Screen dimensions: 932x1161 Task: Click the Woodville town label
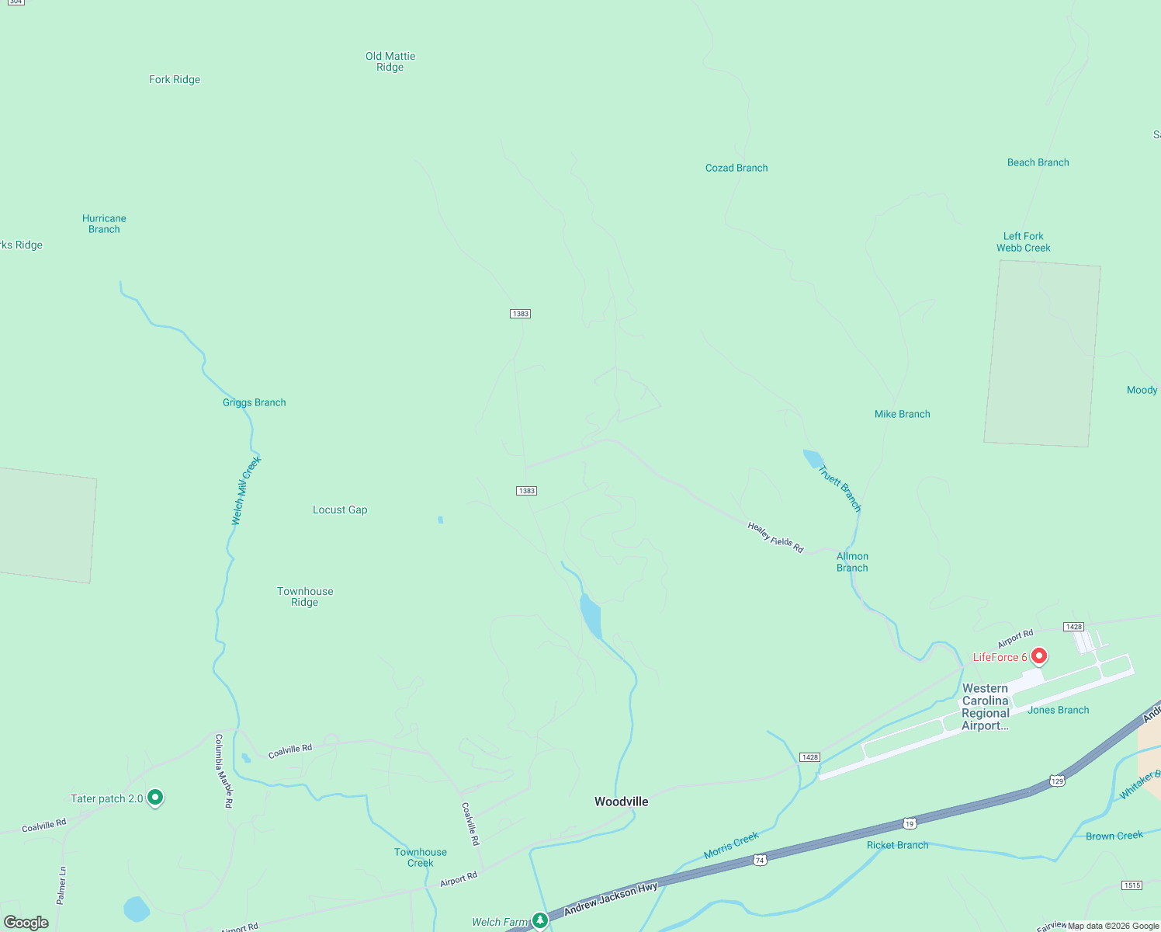pyautogui.click(x=621, y=802)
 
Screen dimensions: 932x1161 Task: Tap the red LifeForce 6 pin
pyautogui.click(x=1039, y=656)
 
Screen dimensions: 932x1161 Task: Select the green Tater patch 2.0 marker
pyautogui.click(x=155, y=797)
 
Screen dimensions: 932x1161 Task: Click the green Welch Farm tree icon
pyautogui.click(x=540, y=920)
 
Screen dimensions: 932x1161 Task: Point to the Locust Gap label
pyautogui.click(x=340, y=509)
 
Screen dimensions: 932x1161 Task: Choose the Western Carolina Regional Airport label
pyautogui.click(x=986, y=707)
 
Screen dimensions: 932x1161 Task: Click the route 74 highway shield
pyautogui.click(x=760, y=860)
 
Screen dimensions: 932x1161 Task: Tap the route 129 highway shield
pyautogui.click(x=1057, y=781)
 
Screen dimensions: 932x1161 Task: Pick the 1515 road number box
pyautogui.click(x=1132, y=885)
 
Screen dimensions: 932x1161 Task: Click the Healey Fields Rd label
pyautogui.click(x=775, y=537)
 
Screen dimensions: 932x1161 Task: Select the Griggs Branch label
pyautogui.click(x=255, y=402)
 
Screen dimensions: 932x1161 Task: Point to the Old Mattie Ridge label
pyautogui.click(x=390, y=61)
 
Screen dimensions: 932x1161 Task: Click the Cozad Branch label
pyautogui.click(x=736, y=168)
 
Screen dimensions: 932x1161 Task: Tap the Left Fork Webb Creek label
pyautogui.click(x=1024, y=242)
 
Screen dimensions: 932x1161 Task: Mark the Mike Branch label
pyautogui.click(x=902, y=414)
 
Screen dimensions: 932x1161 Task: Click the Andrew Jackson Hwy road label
pyautogui.click(x=611, y=899)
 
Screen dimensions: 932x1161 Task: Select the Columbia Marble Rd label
pyautogui.click(x=224, y=771)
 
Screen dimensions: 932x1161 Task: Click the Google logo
pyautogui.click(x=26, y=923)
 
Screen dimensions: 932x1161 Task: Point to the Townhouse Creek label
pyautogui.click(x=421, y=857)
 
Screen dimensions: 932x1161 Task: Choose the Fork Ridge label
pyautogui.click(x=175, y=79)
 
